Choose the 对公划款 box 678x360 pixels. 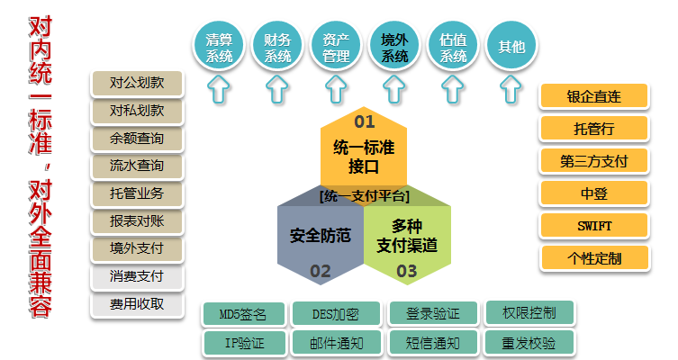click(136, 84)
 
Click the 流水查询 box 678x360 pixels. click(136, 166)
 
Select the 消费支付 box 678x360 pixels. click(136, 276)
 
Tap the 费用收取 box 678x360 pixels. click(136, 304)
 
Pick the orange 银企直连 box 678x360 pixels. click(594, 96)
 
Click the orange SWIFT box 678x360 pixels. click(594, 225)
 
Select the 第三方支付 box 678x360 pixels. click(594, 161)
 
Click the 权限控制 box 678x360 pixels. click(529, 313)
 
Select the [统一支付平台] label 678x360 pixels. click(364, 196)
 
